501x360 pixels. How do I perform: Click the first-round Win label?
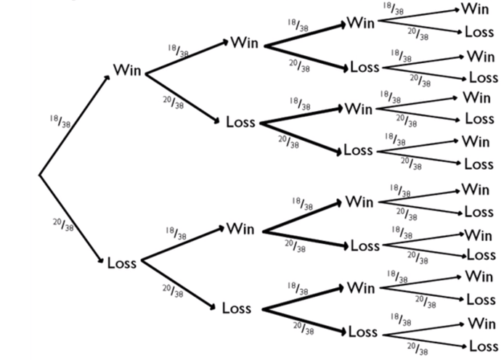click(127, 71)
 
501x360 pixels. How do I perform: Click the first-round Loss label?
click(122, 263)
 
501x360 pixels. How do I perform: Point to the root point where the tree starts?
click(39, 174)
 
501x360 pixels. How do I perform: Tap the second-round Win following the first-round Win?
click(245, 42)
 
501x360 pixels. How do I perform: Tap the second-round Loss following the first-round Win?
click(240, 121)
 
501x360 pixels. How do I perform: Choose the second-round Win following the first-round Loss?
click(240, 228)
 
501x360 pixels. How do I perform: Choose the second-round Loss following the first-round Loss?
click(237, 308)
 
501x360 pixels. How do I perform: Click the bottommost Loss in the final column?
click(481, 345)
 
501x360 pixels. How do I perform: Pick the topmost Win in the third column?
click(360, 22)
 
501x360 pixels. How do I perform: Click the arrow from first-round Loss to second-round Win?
click(182, 244)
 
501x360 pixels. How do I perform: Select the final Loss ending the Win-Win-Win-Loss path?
click(479, 32)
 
